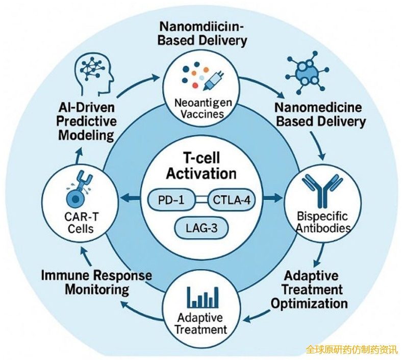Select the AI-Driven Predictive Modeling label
click(87, 122)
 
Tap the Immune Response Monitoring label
click(97, 282)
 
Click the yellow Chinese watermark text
click(351, 350)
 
